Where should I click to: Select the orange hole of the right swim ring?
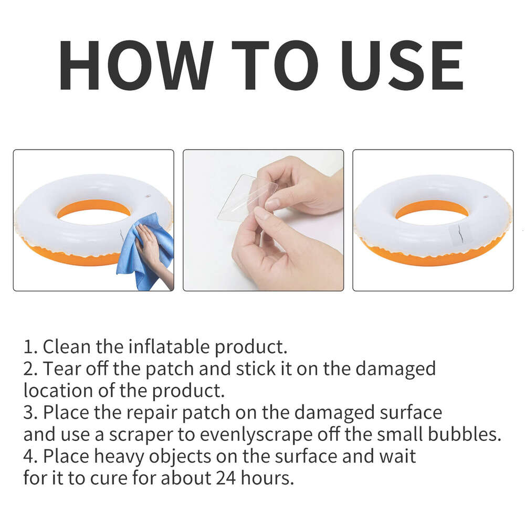point(432,209)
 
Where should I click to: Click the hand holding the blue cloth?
point(147,247)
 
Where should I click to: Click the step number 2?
point(28,369)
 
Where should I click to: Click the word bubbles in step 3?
point(461,435)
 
